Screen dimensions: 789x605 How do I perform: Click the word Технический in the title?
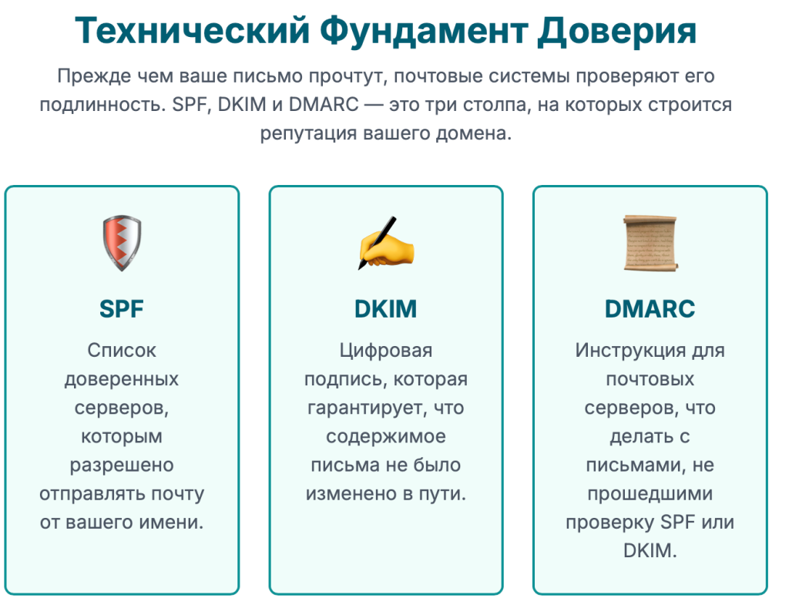(x=192, y=31)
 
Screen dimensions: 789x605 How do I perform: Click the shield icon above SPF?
(x=122, y=244)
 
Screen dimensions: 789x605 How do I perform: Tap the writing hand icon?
(x=386, y=244)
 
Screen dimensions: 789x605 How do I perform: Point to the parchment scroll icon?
(x=650, y=244)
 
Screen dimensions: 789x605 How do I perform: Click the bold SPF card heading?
(x=122, y=308)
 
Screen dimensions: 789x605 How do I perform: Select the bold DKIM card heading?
(x=386, y=308)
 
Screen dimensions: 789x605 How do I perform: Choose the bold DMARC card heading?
(x=650, y=308)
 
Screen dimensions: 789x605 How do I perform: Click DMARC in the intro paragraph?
(x=324, y=105)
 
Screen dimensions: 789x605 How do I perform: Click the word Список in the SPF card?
(x=122, y=351)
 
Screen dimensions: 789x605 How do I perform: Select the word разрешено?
(x=122, y=466)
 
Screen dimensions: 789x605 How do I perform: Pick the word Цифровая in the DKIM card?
(x=386, y=351)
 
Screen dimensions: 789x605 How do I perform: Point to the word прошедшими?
(x=650, y=494)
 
